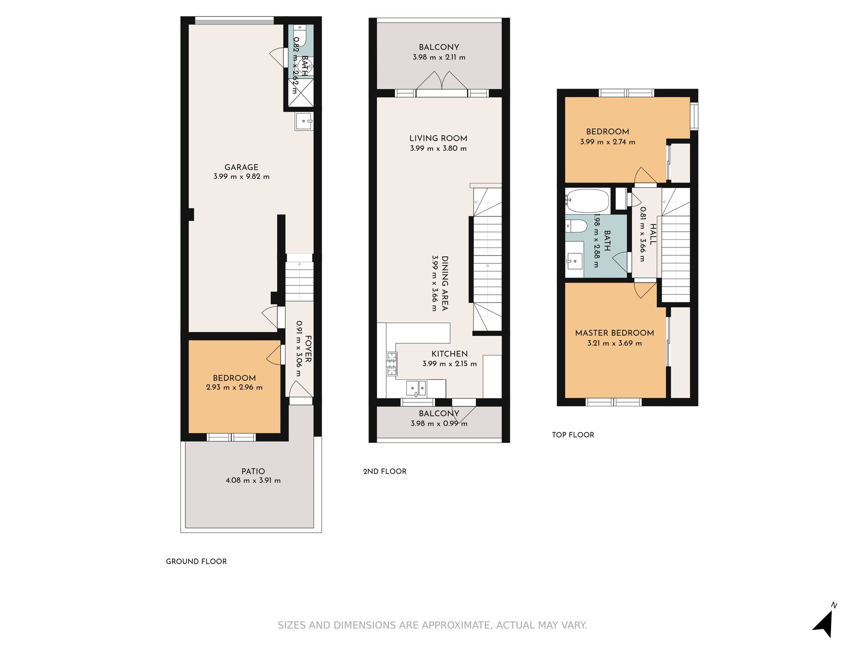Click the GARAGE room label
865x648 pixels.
tap(241, 167)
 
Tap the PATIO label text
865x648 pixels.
tap(253, 471)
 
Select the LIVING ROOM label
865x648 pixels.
tap(438, 138)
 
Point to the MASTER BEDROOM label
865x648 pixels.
tap(615, 333)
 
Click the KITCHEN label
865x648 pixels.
tap(450, 354)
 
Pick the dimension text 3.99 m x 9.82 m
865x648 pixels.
tap(241, 177)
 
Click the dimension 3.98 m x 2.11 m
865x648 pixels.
tap(439, 57)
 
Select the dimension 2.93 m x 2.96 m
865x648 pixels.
tap(234, 387)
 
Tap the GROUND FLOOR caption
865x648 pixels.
tap(196, 561)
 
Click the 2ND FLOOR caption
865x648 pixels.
tap(385, 471)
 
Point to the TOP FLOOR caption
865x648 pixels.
tap(573, 435)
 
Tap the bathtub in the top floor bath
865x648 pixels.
tap(588, 201)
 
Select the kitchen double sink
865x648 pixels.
tap(416, 388)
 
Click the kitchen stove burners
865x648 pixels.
tap(391, 364)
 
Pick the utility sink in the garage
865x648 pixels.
tap(304, 121)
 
